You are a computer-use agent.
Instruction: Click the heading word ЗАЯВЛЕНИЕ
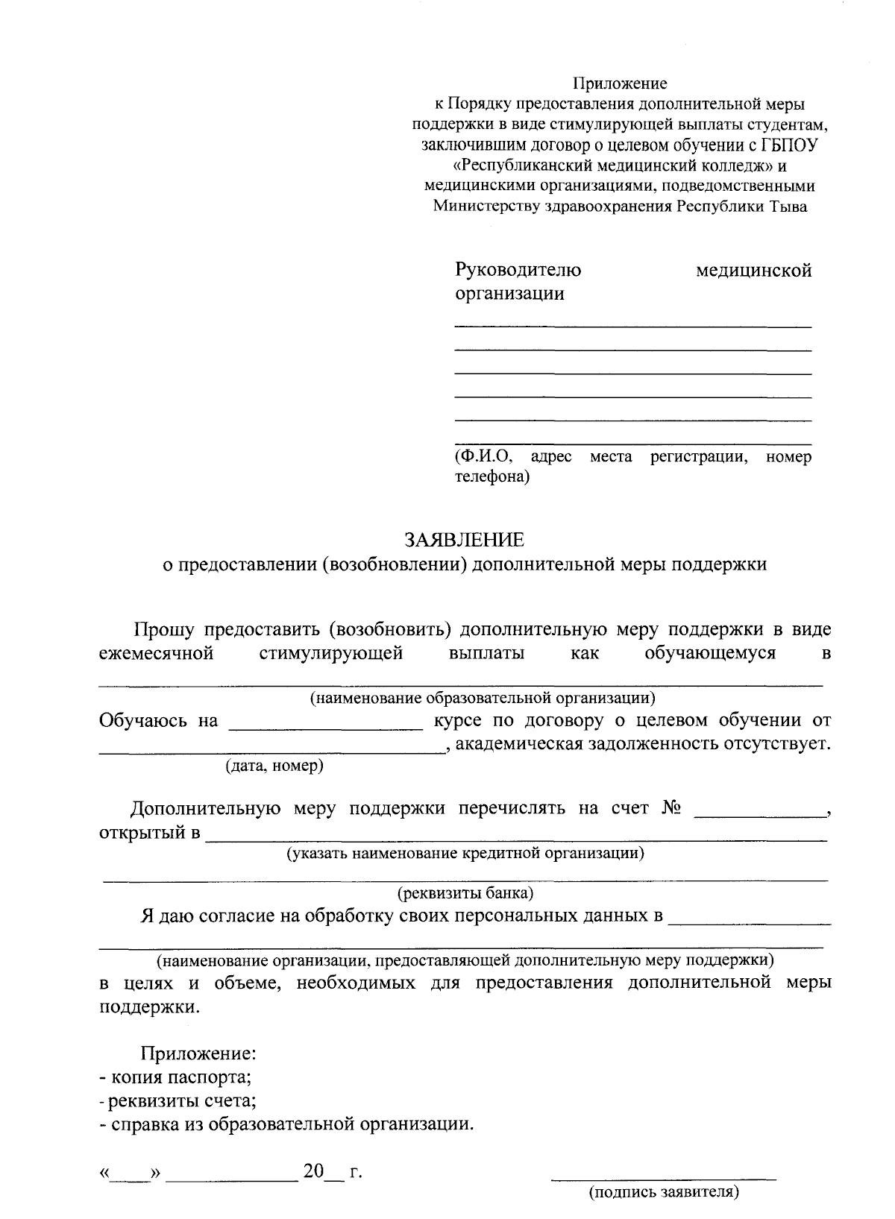[464, 539]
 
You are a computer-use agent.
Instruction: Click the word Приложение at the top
[620, 84]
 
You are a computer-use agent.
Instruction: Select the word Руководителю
[518, 270]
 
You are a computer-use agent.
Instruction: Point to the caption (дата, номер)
[274, 766]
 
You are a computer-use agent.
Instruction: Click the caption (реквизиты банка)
[465, 892]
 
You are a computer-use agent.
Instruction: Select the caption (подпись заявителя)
[664, 1192]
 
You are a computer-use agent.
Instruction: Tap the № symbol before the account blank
[672, 808]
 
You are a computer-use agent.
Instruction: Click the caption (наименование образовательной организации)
[483, 698]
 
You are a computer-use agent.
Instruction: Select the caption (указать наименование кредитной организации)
[466, 852]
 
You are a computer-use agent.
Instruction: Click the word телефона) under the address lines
[492, 476]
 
